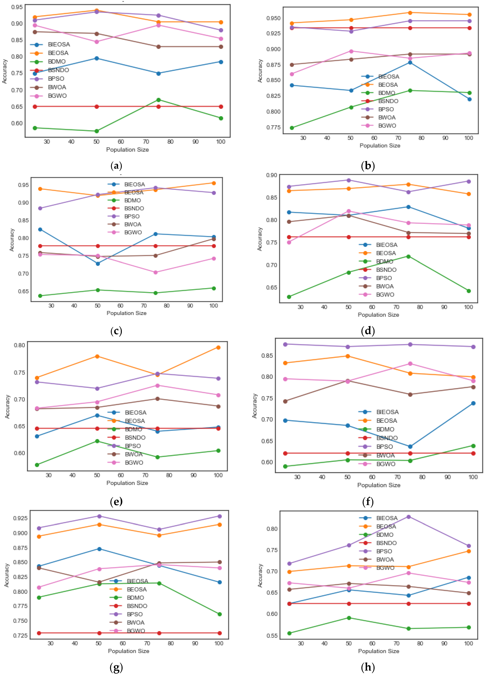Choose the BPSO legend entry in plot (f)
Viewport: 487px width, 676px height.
point(384,446)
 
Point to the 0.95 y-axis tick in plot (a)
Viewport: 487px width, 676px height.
point(17,7)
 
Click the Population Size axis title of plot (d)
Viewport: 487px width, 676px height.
point(378,315)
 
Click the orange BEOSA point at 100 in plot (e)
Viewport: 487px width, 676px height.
point(218,348)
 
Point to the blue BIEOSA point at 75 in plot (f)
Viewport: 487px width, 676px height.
point(410,446)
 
